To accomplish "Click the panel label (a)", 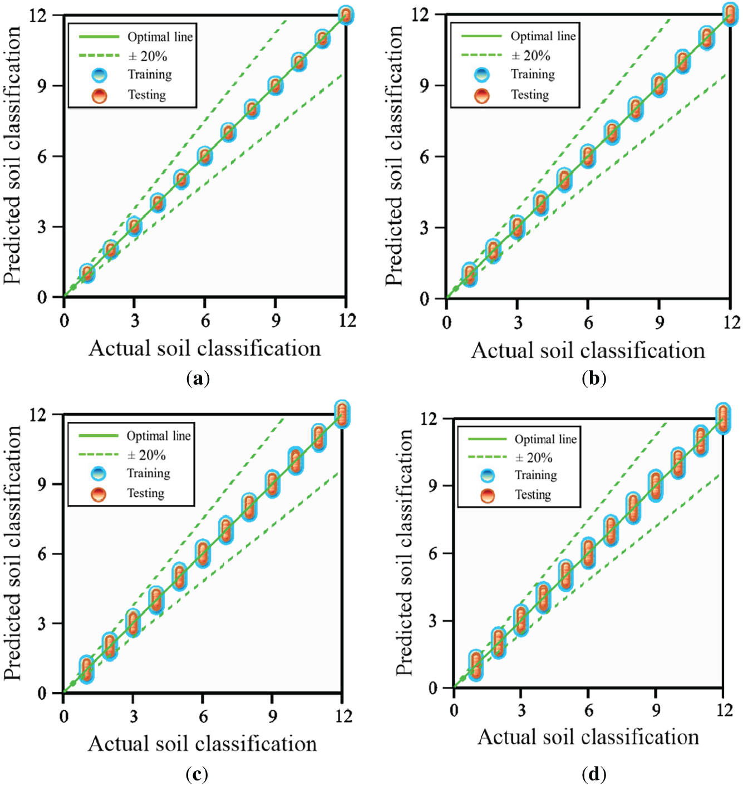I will point(198,379).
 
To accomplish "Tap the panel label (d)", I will point(593,774).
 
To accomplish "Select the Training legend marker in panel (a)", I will point(99,75).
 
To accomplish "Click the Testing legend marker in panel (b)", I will point(482,96).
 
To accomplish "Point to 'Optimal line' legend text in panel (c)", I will point(159,436).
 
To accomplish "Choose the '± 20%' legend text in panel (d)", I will point(534,458).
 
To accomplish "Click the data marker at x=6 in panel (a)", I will point(205,156).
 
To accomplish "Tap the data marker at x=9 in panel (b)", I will point(659,86).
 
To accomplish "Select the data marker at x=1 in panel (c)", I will point(86,669).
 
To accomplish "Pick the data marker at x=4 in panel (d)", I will point(543,597).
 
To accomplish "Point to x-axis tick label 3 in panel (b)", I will point(518,322).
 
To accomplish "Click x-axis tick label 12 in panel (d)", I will point(724,710).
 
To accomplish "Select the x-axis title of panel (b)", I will point(588,351).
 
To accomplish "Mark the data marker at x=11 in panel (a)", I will point(322,39).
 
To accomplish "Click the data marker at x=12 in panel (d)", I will point(722,419).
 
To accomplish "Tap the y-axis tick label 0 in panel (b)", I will point(425,299).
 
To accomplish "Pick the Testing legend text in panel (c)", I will point(146,493).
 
